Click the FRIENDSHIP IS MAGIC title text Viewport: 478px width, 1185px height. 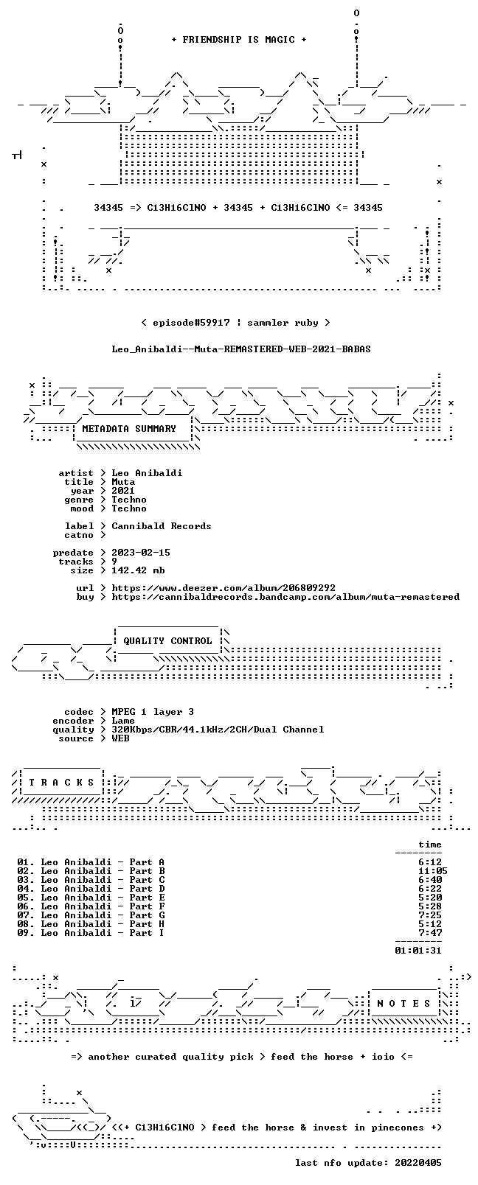pos(239,40)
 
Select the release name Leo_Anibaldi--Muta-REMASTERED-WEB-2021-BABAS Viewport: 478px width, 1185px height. pos(241,349)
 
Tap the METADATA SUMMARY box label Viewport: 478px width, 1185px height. pos(129,428)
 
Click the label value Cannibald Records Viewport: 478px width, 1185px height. pos(162,526)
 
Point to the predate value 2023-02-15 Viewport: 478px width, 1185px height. pos(141,552)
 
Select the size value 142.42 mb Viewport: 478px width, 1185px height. pos(138,570)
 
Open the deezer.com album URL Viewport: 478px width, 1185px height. pos(224,588)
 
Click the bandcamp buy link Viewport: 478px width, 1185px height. pos(285,597)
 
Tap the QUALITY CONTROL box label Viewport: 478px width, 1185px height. pos(167,640)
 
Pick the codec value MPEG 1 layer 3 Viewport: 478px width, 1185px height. pos(153,712)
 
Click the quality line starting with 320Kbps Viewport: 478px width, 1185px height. pos(218,730)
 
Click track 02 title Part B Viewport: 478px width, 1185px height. pos(147,871)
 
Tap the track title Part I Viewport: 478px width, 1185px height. pos(147,933)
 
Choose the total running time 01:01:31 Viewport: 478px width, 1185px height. pos(418,951)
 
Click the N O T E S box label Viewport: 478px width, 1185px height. pos(404,1004)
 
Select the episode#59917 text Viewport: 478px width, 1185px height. pos(191,323)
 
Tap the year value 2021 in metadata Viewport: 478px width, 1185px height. pos(122,491)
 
